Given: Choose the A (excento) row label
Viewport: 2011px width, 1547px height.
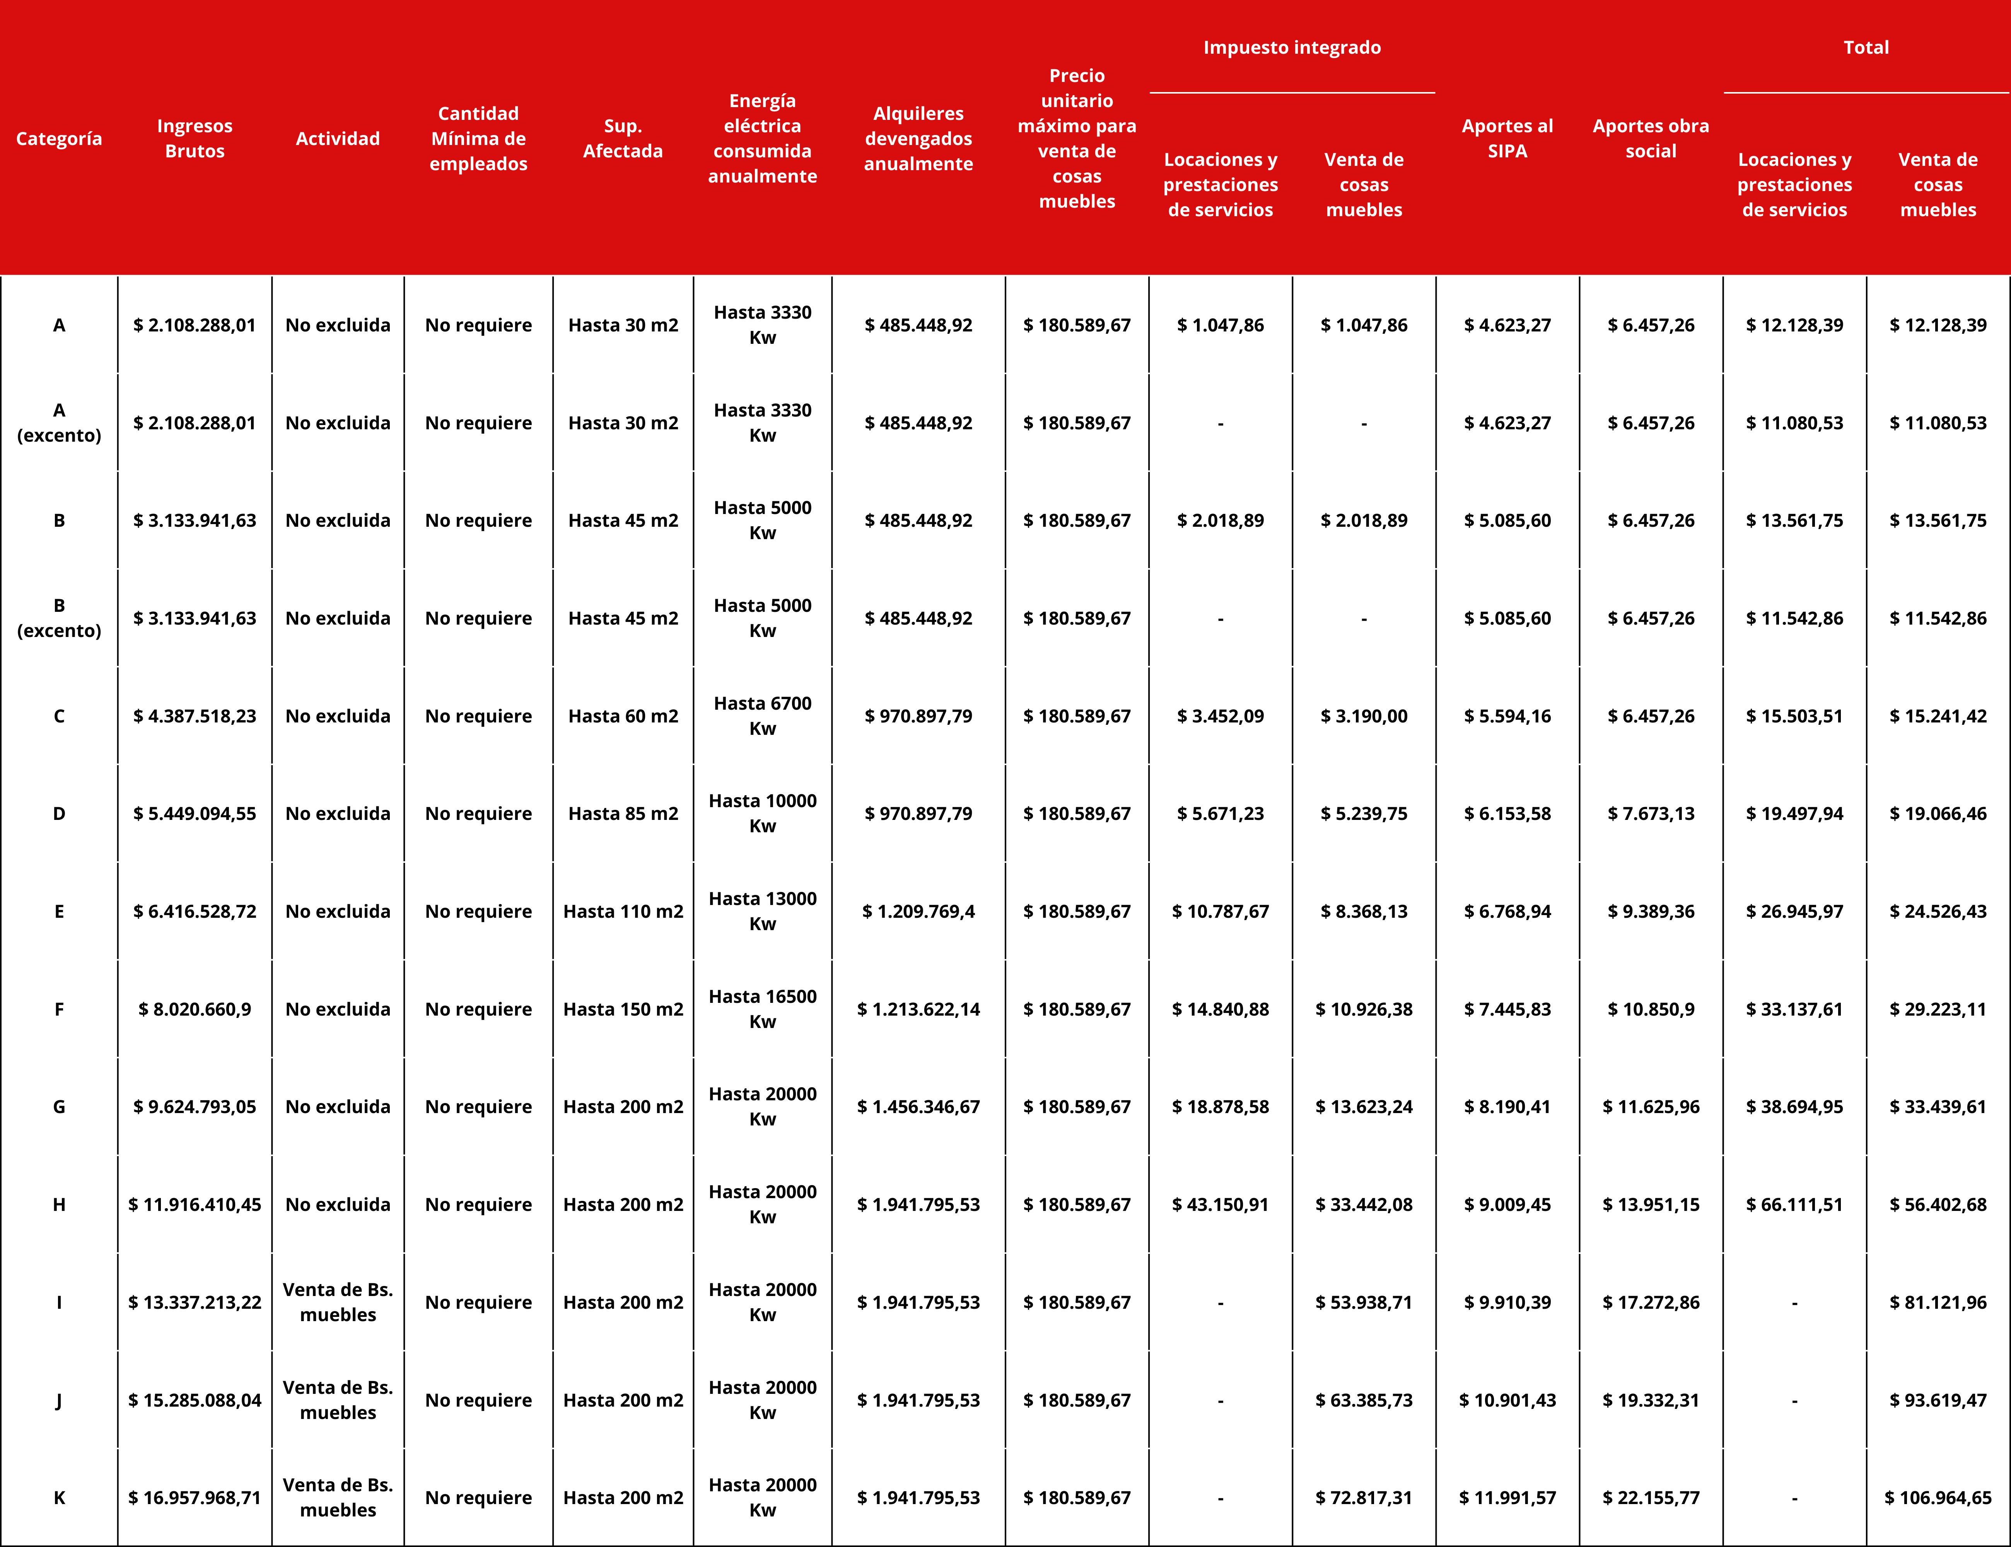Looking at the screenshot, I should pos(59,423).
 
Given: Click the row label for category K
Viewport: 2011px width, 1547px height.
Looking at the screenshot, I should pos(59,1497).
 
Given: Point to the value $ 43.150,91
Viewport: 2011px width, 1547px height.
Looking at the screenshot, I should pos(1220,1204).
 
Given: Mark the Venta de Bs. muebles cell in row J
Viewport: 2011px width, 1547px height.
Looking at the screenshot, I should pos(338,1400).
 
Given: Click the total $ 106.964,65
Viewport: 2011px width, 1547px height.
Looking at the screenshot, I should pos(1938,1497).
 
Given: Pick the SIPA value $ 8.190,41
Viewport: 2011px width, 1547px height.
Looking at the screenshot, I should pos(1507,1107).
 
